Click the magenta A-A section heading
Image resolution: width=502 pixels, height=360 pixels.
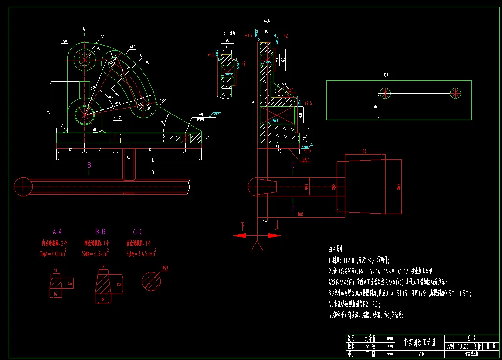click(58, 231)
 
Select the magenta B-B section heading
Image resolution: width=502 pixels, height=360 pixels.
click(100, 231)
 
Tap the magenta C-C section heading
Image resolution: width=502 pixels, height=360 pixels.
click(138, 231)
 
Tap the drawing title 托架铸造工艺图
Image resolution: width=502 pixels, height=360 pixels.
click(419, 342)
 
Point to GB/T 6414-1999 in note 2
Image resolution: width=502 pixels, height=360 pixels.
click(376, 271)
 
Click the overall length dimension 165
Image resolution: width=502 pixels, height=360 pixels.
click(128, 157)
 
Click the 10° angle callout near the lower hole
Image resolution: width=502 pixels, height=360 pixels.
click(119, 118)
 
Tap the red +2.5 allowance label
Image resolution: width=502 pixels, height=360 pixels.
click(308, 102)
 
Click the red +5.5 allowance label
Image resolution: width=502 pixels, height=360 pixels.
click(306, 150)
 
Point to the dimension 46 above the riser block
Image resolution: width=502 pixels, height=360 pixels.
click(364, 151)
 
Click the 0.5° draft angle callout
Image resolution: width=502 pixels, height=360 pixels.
click(305, 160)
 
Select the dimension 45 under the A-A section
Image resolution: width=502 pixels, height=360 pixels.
click(279, 151)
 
